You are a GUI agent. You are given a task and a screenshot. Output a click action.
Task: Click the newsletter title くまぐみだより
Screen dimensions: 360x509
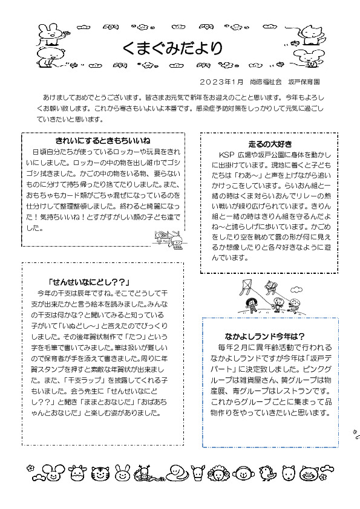(172, 48)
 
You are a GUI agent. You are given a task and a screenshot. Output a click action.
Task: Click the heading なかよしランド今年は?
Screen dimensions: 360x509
(264, 336)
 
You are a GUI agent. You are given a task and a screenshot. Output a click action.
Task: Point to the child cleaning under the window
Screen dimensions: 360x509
(176, 240)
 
